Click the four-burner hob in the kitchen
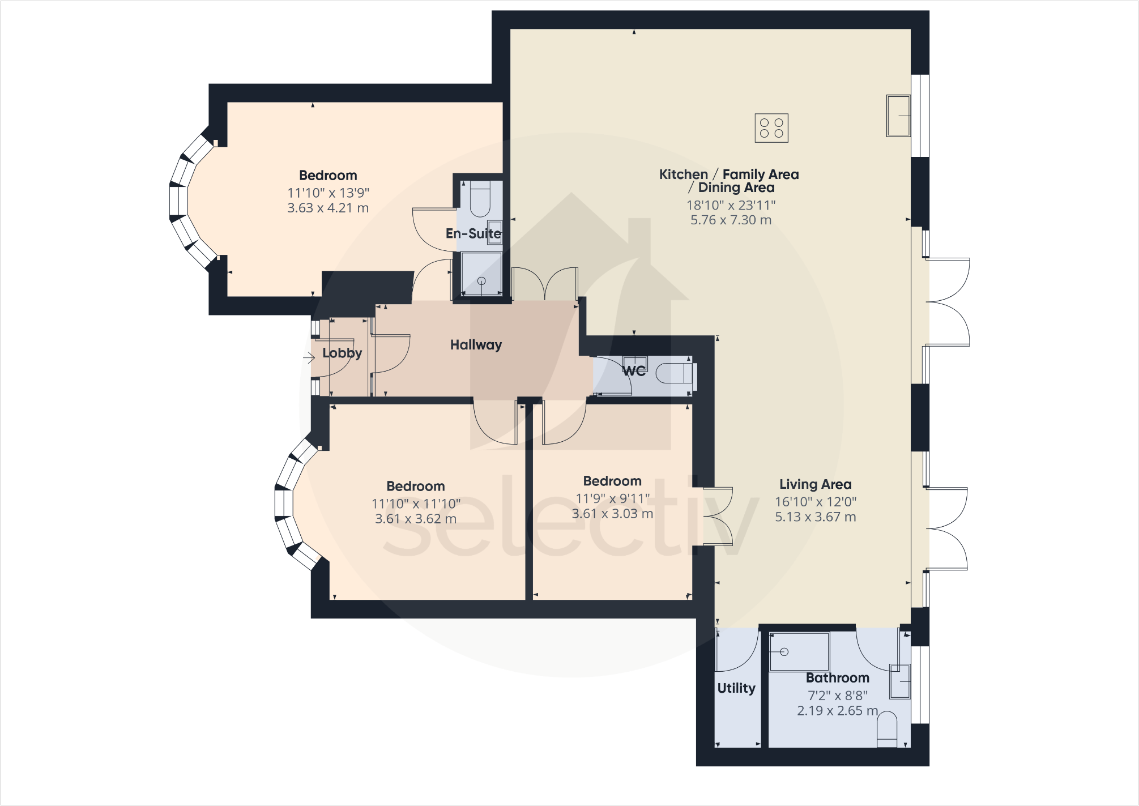click(771, 128)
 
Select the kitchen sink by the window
click(898, 116)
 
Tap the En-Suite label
click(473, 233)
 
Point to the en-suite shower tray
click(481, 274)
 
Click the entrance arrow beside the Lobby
click(309, 357)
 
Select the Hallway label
click(476, 345)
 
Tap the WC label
click(633, 371)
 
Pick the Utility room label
click(736, 688)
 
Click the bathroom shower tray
click(799, 652)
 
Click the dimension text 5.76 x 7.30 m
click(731, 220)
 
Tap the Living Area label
click(815, 484)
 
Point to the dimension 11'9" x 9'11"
click(612, 498)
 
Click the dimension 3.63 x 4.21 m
click(328, 208)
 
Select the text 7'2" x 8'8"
click(837, 695)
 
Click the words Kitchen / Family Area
click(728, 174)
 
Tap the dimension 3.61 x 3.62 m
click(415, 519)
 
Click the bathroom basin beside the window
click(899, 681)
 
